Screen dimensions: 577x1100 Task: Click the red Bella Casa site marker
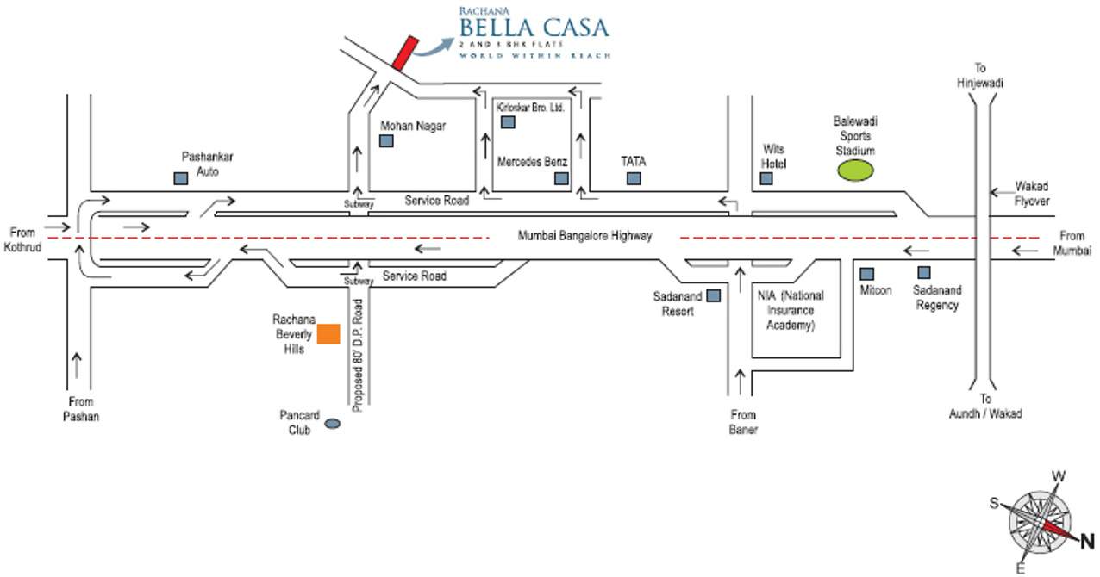(404, 52)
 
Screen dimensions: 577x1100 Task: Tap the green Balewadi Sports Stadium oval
(854, 170)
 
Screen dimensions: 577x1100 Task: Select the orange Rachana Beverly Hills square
(328, 334)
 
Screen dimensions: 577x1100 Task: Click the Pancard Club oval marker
(332, 423)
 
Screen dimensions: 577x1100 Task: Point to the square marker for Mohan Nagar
(386, 141)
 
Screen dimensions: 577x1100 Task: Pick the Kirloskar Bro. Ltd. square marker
(508, 122)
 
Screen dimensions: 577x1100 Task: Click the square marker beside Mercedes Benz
(561, 178)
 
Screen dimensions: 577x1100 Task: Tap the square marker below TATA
(634, 178)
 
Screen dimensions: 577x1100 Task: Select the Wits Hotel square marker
(766, 178)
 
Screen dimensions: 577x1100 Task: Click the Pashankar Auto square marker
(181, 178)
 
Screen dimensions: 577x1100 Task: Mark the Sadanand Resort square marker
(714, 295)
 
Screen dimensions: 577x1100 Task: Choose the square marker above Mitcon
(867, 274)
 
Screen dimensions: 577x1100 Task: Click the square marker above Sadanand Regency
(924, 272)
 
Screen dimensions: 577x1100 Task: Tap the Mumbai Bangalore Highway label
(584, 236)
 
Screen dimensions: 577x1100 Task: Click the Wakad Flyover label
(1031, 193)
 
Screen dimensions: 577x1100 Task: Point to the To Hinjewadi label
(980, 76)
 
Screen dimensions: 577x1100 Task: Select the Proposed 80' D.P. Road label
(357, 351)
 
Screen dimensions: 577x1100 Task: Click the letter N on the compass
(1086, 542)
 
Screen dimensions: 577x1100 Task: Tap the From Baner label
(742, 422)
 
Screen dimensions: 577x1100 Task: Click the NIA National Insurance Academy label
(791, 310)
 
